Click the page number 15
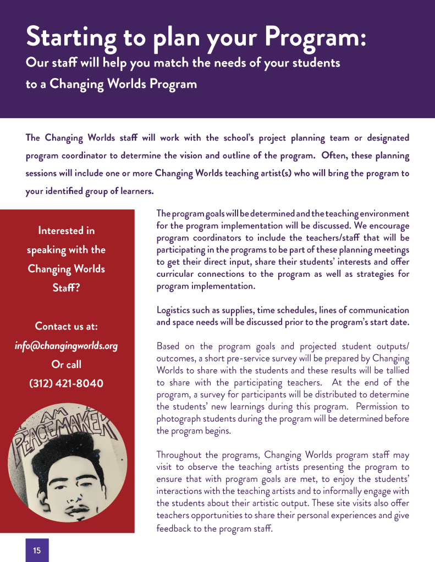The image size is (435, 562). pyautogui.click(x=37, y=550)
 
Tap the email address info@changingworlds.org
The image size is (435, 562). pyautogui.click(x=66, y=346)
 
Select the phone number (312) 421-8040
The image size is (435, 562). pyautogui.click(x=66, y=383)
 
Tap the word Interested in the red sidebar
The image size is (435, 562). pyautogui.click(x=66, y=230)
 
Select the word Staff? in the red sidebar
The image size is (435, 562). pyautogui.click(x=66, y=287)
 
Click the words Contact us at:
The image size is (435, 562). pyautogui.click(x=66, y=326)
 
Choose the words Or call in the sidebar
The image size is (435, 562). pyautogui.click(x=66, y=364)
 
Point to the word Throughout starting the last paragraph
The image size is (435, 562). pyautogui.click(x=180, y=455)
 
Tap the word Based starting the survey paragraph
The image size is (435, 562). pyautogui.click(x=169, y=346)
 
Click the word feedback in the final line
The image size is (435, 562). pyautogui.click(x=175, y=528)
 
